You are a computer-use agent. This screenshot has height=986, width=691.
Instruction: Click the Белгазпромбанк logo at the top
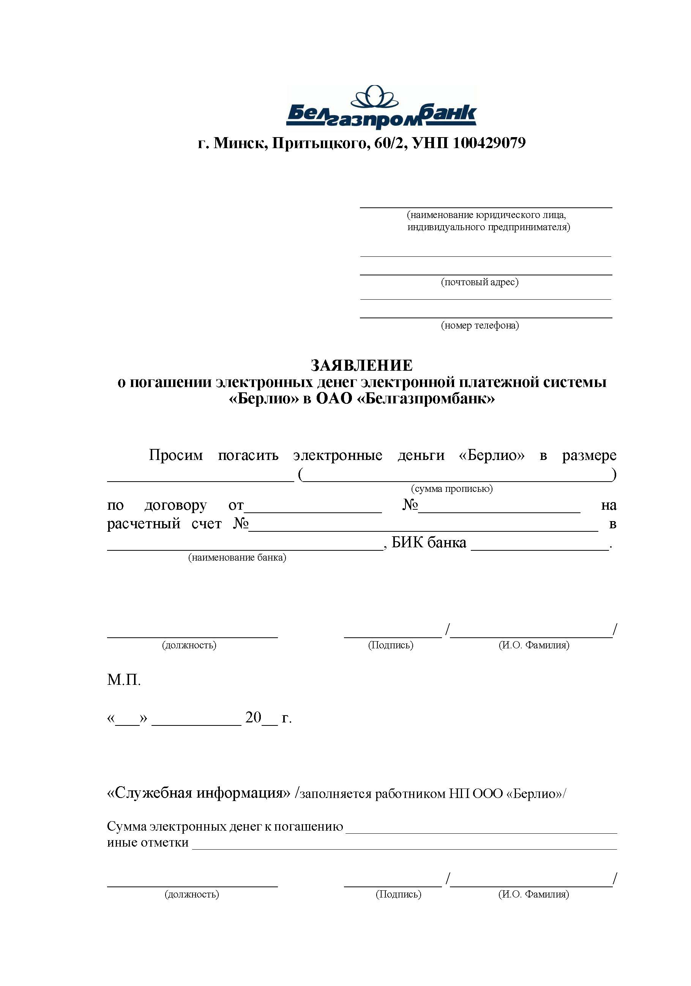381,108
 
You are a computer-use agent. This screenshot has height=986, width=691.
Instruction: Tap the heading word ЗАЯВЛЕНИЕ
361,365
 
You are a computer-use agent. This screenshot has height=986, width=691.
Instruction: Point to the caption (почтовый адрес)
480,282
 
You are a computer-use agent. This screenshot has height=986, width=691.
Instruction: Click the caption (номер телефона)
480,326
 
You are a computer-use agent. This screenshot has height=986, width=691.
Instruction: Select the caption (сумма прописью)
451,489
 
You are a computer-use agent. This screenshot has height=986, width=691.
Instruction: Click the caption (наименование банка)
237,558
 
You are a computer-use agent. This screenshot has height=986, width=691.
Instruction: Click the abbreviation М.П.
124,680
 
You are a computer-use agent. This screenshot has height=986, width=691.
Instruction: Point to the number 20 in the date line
253,717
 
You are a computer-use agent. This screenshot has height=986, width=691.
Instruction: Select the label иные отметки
148,842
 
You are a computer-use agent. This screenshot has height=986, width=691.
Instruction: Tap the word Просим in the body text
176,455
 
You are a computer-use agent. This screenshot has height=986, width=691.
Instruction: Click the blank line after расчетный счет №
423,530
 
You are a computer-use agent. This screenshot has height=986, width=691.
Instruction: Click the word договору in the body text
175,506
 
